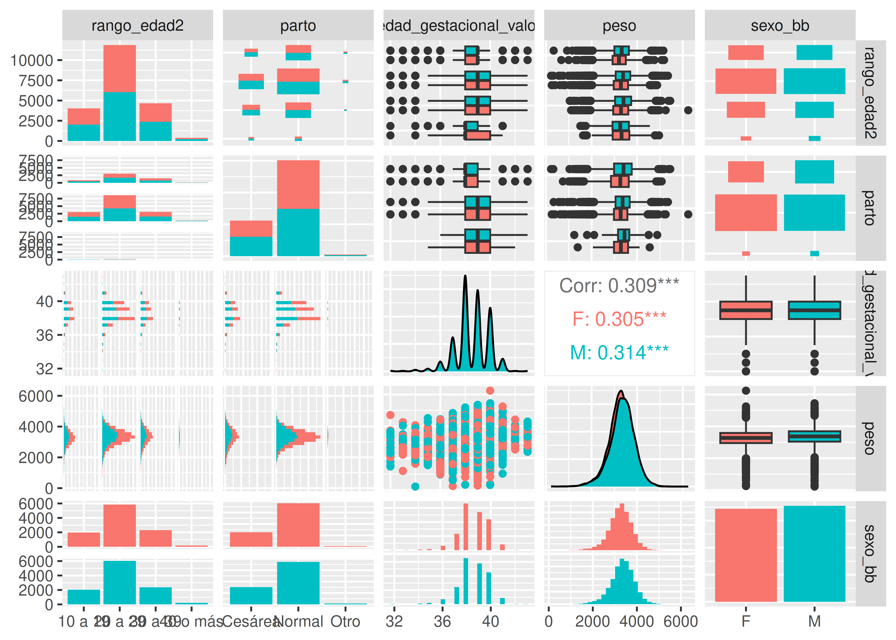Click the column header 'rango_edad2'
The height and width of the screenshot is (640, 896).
pyautogui.click(x=138, y=26)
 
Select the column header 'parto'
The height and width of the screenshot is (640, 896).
pyautogui.click(x=298, y=26)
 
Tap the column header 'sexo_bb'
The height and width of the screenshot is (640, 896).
pyautogui.click(x=780, y=26)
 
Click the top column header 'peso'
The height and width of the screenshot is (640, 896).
pyautogui.click(x=619, y=26)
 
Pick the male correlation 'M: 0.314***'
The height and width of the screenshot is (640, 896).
pyautogui.click(x=619, y=352)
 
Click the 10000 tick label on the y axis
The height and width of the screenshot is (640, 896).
pyautogui.click(x=32, y=61)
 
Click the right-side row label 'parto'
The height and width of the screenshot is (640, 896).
pyautogui.click(x=870, y=208)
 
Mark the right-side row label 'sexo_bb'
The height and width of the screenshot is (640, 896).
pyautogui.click(x=870, y=554)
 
